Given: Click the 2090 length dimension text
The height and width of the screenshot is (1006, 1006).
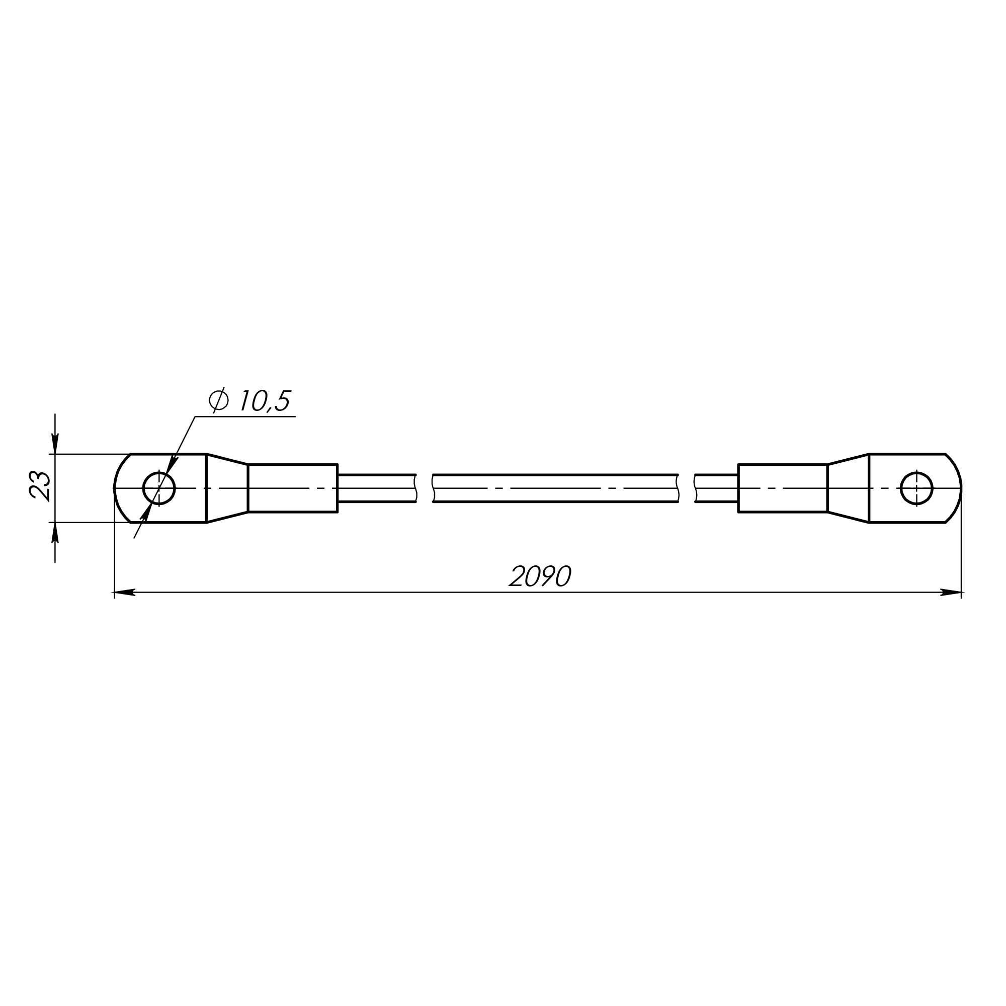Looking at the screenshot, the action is (540, 576).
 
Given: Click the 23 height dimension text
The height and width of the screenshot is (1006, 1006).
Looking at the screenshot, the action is (40, 485).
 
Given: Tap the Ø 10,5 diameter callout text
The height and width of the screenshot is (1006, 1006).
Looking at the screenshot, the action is (249, 400).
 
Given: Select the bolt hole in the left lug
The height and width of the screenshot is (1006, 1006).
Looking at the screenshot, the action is (159, 488).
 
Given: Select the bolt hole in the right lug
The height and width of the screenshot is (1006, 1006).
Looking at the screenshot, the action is (916, 488).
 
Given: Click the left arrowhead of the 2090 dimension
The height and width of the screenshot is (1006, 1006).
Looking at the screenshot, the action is (124, 592).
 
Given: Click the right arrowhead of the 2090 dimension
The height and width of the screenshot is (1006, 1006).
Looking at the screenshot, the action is (951, 592).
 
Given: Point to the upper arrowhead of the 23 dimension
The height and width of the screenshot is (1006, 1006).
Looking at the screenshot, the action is (55, 443).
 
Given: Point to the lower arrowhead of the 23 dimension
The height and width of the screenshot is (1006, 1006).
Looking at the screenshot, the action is (55, 533).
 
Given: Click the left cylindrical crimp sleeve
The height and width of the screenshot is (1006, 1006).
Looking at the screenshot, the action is (293, 488).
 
